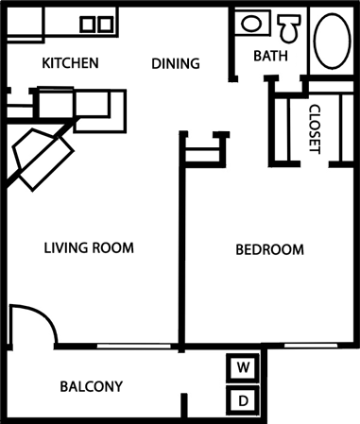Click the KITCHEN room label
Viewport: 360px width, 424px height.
pos(71,64)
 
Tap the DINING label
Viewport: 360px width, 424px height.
pos(176,64)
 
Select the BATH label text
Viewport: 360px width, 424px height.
pos(269,57)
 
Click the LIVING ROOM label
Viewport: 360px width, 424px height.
pos(89,248)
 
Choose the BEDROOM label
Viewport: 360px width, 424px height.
pos(269,250)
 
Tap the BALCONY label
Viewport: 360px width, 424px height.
pos(92,386)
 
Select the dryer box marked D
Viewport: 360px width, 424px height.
pos(243,400)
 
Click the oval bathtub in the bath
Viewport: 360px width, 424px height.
pos(332,39)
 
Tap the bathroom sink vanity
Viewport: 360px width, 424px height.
pos(252,24)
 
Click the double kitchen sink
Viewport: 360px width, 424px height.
pos(94,24)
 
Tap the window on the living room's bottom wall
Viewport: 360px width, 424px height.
pos(125,347)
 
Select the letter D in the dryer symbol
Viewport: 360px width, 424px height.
pos(243,400)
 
